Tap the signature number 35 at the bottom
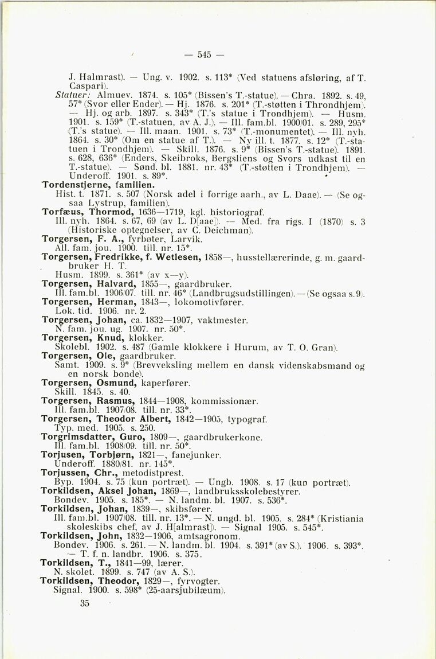coord(85,603)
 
